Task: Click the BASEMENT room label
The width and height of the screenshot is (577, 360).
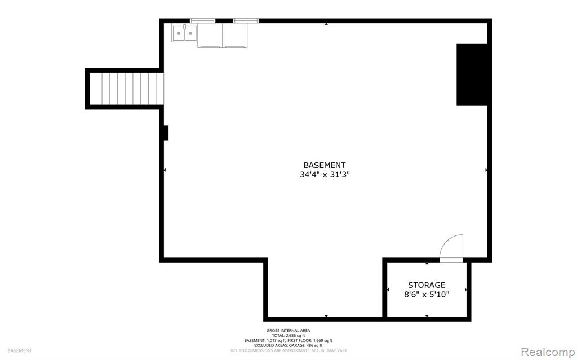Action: (324, 165)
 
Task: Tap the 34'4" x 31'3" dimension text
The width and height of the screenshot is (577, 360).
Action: (324, 175)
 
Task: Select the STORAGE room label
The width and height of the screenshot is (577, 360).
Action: (427, 285)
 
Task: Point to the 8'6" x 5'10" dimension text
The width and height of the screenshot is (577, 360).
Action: (427, 295)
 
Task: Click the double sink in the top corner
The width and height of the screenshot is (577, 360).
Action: (184, 33)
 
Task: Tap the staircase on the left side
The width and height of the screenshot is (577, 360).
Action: (126, 88)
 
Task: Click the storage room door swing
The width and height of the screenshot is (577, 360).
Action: (451, 248)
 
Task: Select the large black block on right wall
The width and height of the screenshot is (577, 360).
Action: (472, 75)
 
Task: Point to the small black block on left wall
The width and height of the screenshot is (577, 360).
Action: (166, 133)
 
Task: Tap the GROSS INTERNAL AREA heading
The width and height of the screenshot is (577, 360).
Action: (288, 331)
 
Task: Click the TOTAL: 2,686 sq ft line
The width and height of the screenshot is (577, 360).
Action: (288, 336)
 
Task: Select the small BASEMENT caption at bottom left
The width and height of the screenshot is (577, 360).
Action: (20, 351)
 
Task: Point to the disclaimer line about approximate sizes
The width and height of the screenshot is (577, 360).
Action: (288, 351)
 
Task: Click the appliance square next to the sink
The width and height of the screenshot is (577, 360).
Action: (210, 35)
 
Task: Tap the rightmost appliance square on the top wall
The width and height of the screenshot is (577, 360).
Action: (235, 35)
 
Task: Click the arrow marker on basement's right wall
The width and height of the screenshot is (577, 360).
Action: (486, 170)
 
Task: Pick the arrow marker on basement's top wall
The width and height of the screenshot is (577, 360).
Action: (326, 24)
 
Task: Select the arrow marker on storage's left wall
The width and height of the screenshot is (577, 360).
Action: (388, 290)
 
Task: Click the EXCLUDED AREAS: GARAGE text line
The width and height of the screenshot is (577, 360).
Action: (288, 346)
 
